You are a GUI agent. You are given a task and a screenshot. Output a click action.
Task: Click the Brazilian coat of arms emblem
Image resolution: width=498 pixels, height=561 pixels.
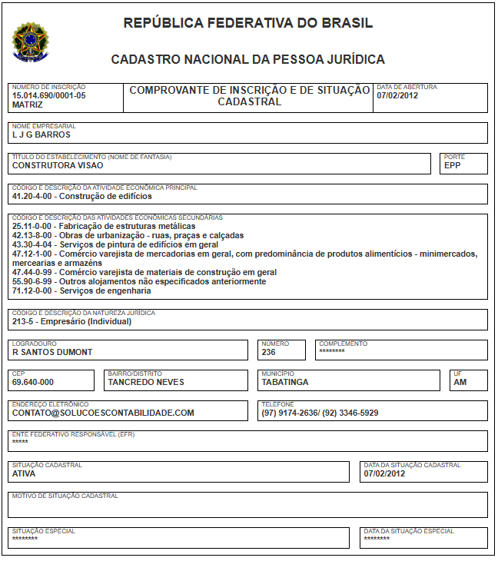[x=29, y=41]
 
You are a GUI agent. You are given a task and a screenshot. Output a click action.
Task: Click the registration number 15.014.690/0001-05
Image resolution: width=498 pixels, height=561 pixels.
[x=49, y=95]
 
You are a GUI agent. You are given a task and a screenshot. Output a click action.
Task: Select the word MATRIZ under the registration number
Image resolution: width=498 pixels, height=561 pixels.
[x=28, y=104]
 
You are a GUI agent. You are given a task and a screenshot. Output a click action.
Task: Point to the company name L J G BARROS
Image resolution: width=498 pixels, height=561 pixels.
[x=41, y=134]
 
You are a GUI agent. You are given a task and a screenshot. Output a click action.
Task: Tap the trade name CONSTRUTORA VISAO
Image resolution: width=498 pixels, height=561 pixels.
[x=58, y=165]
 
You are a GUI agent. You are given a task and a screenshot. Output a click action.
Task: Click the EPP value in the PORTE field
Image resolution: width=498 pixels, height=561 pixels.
[x=453, y=165]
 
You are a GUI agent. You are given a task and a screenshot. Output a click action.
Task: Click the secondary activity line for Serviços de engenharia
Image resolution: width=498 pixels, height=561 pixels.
[x=81, y=290]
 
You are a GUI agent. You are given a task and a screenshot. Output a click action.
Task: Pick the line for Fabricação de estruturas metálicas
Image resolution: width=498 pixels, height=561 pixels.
[x=104, y=227]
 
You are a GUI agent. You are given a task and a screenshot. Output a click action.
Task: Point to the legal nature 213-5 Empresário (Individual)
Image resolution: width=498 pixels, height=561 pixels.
[x=71, y=321]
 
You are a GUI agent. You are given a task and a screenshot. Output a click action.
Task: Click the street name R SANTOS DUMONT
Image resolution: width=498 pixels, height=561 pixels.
[x=52, y=352]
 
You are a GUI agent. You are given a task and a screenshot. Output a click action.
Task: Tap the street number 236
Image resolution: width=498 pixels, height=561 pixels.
[x=268, y=352]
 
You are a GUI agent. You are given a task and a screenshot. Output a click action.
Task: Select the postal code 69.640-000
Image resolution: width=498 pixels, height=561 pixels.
[x=33, y=382]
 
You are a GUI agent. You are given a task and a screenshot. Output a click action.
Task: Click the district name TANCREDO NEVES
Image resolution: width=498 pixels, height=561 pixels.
[x=146, y=382]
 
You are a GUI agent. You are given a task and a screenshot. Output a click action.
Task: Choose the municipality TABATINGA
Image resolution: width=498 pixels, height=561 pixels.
[x=285, y=382]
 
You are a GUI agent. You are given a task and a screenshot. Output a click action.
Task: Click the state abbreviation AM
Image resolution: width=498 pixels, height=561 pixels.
[x=460, y=382]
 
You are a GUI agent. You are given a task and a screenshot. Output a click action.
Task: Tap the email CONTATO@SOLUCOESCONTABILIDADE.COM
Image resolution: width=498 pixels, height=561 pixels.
[x=103, y=413]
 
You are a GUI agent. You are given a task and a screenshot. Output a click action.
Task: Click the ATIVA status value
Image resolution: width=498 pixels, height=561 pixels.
[x=24, y=473]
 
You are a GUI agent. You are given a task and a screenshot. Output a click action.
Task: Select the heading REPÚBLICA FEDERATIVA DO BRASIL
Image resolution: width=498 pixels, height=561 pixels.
[x=248, y=23]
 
